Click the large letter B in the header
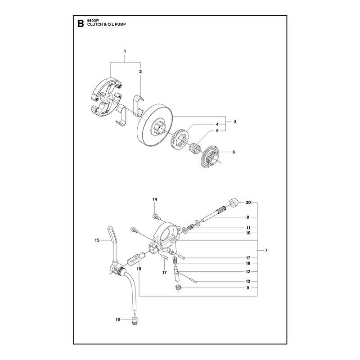(x=81, y=23)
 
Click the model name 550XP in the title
(x=92, y=21)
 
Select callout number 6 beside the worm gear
(x=234, y=152)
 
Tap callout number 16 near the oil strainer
(x=118, y=319)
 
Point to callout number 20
(x=248, y=202)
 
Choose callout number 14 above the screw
(x=155, y=199)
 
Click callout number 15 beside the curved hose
(x=97, y=240)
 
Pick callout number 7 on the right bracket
(x=266, y=250)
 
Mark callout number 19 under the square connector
(x=139, y=269)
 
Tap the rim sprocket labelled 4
(x=180, y=139)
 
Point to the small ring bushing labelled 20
(x=234, y=203)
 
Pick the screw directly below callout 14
(x=156, y=216)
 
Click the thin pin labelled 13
(x=190, y=280)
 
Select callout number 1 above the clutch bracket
(x=125, y=51)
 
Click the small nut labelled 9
(x=178, y=288)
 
